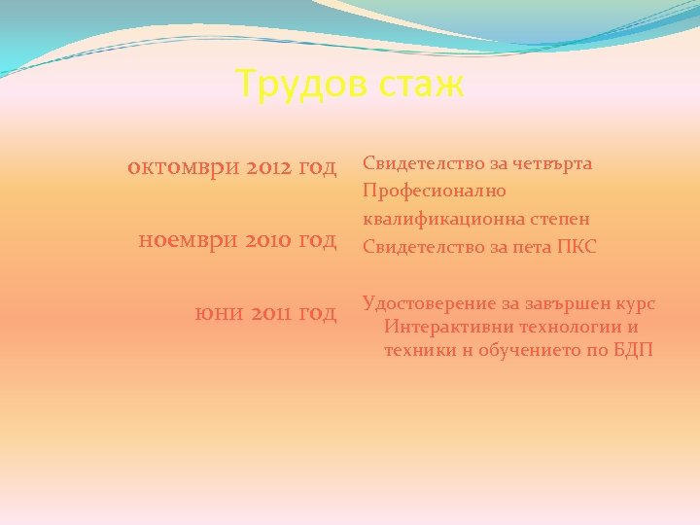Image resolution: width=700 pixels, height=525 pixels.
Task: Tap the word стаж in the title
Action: [x=420, y=85]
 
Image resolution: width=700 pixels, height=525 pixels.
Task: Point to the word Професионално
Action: [x=434, y=192]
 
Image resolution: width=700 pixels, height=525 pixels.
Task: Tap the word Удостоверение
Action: [x=429, y=304]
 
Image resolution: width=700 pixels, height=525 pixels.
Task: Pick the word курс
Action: [x=634, y=304]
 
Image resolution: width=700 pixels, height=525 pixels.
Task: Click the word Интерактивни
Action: [x=445, y=327]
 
